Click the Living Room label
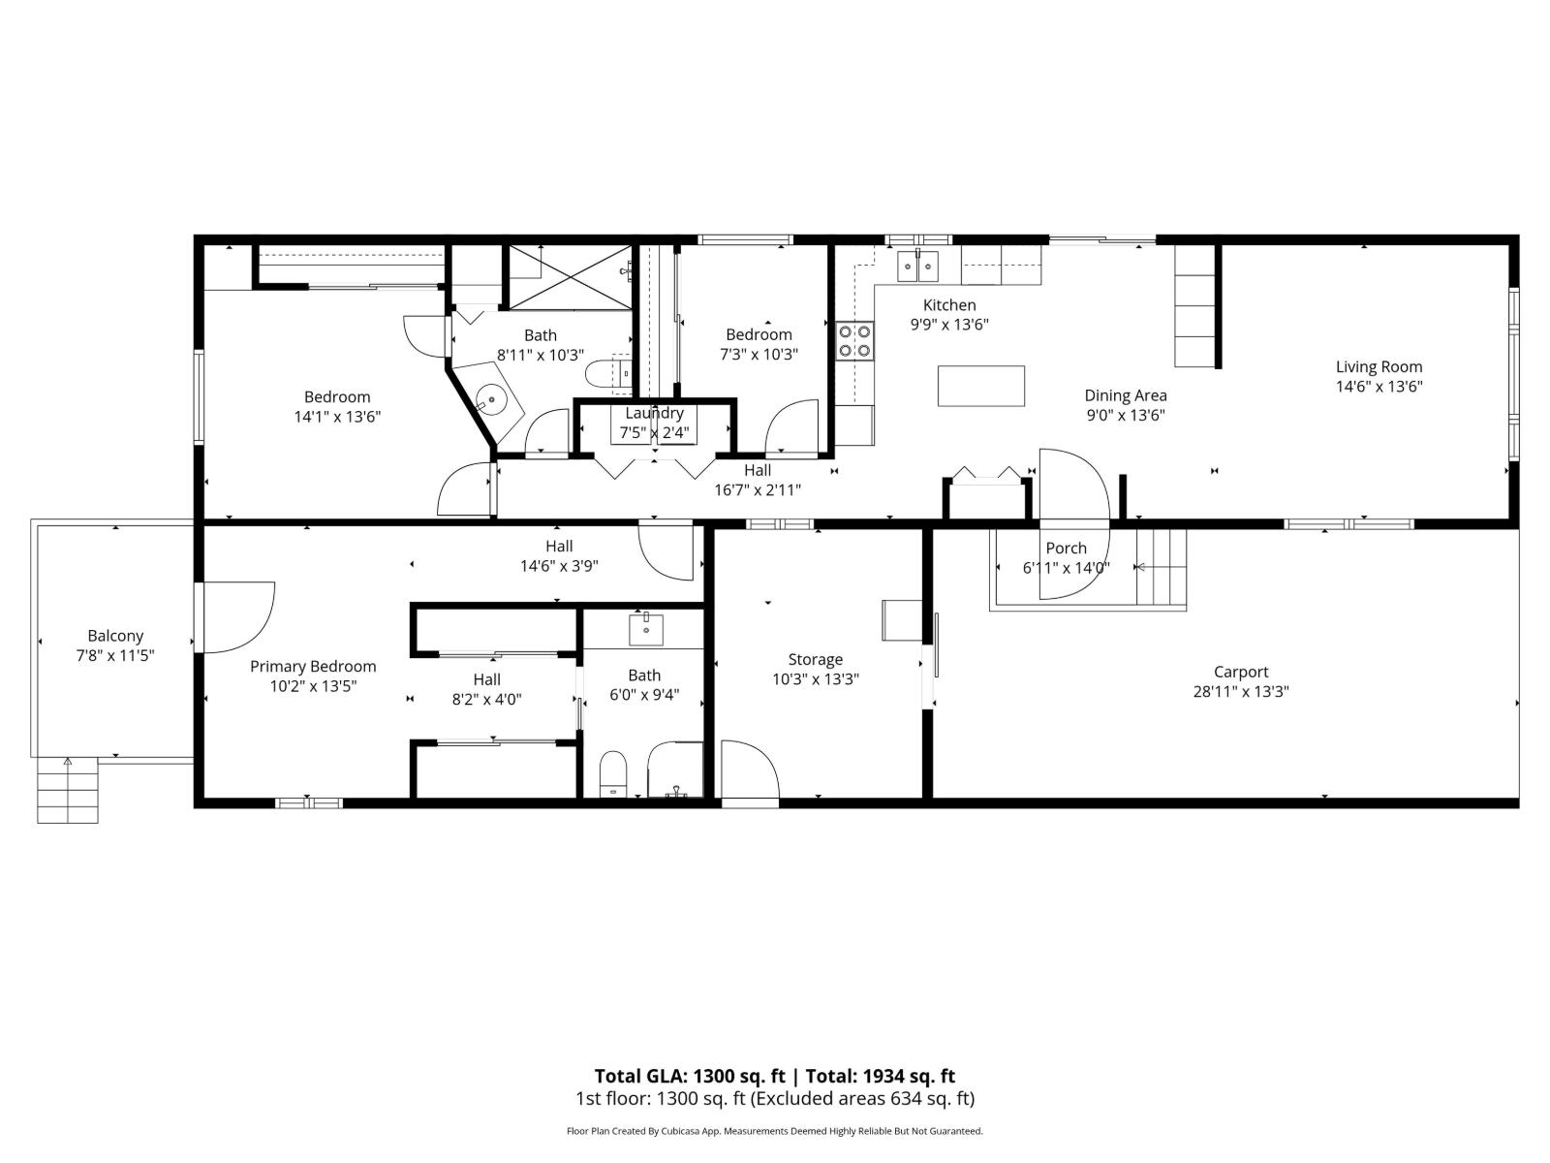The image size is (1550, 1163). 1379,366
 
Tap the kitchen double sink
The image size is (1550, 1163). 918,265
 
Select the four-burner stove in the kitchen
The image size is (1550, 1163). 854,340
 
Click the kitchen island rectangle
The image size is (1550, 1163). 980,386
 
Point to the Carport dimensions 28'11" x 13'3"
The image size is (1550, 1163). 1241,692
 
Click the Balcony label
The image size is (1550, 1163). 115,636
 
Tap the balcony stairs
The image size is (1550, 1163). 68,790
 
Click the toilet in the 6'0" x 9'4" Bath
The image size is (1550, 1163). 613,772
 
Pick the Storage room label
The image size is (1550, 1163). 815,659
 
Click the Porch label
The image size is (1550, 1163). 1066,549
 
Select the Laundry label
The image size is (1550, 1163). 654,413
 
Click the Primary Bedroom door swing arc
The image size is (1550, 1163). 237,616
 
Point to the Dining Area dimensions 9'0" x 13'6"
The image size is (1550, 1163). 1125,416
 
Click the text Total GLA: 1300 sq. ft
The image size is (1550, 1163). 692,1076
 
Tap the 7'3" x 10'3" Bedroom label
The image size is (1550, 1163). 759,334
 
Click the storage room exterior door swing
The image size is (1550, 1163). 750,770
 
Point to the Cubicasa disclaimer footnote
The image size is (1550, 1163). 774,1131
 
